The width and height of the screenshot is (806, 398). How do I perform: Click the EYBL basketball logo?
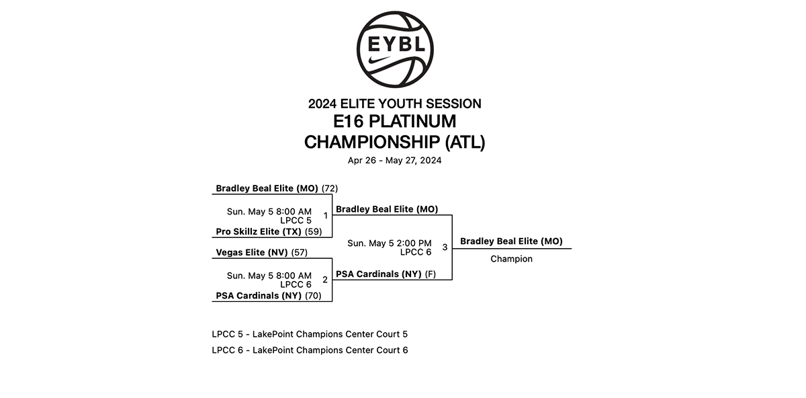click(x=395, y=48)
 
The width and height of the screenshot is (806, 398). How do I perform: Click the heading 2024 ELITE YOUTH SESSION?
click(x=395, y=104)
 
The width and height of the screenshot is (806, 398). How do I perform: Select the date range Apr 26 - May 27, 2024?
click(x=395, y=161)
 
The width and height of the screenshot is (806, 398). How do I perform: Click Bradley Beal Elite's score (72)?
click(x=330, y=188)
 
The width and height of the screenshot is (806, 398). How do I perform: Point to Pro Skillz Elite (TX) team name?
click(x=259, y=232)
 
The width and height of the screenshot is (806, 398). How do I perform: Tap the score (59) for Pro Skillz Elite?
click(x=314, y=232)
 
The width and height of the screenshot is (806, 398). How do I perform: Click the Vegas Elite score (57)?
click(x=300, y=253)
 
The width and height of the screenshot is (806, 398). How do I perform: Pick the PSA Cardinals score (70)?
click(x=314, y=296)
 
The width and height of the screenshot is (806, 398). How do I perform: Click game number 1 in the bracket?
click(x=326, y=216)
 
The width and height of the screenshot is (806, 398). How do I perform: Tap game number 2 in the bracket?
click(x=325, y=280)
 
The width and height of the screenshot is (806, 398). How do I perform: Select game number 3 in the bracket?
click(x=445, y=247)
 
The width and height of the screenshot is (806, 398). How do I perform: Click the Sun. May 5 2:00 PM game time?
click(x=390, y=243)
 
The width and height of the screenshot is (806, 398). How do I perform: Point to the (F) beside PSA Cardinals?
click(x=431, y=274)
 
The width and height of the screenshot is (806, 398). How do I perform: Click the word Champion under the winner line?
click(x=511, y=259)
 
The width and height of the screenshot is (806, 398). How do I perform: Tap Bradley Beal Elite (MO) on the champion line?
click(x=511, y=241)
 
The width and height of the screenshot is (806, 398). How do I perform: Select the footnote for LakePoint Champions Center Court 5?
click(x=310, y=334)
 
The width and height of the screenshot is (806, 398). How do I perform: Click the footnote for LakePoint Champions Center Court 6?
click(x=310, y=350)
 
